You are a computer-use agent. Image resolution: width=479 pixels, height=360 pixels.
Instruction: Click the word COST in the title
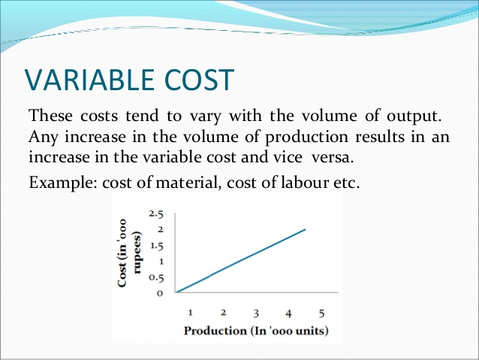[x=199, y=80]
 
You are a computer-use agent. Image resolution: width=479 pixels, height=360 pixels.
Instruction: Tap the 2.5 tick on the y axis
[x=156, y=213]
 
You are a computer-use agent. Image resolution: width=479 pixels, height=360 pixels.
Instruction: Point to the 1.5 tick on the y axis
[x=156, y=247]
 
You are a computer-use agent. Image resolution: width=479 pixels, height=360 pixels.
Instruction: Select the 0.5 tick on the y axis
[x=156, y=278]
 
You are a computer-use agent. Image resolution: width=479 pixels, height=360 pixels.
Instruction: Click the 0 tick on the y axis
[x=160, y=293]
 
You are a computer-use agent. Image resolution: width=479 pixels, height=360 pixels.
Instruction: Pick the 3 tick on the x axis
[x=256, y=313]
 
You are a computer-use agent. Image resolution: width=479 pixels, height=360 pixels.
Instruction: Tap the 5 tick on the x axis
[x=321, y=313]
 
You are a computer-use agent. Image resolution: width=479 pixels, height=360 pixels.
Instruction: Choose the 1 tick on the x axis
[x=190, y=313]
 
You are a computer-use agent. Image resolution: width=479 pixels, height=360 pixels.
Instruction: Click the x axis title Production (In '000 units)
[x=256, y=331]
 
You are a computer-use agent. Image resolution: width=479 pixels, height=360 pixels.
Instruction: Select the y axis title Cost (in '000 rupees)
[x=130, y=253]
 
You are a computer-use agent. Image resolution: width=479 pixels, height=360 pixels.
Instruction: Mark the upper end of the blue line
[x=305, y=229]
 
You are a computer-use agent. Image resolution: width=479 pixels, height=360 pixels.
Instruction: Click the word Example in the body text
[x=62, y=183]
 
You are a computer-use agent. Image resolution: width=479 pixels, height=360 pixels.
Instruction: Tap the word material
[x=188, y=183]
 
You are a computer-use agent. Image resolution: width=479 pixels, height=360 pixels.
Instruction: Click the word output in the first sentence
[x=414, y=116]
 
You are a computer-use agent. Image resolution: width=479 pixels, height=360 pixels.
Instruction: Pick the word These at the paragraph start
[x=51, y=116]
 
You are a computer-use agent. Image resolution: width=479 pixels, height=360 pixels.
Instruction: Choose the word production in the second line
[x=307, y=138]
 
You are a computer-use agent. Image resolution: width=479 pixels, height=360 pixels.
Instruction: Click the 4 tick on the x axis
[x=289, y=313]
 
